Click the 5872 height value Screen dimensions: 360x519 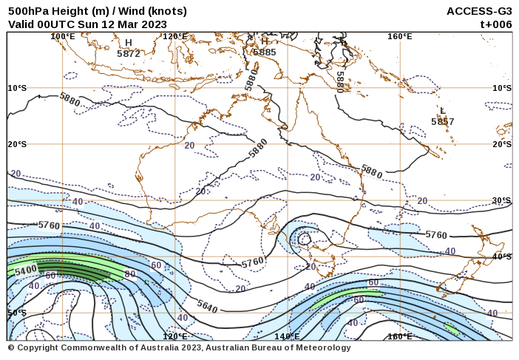point(129,53)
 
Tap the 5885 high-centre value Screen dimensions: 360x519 point(264,52)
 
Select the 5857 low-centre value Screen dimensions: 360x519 point(443,121)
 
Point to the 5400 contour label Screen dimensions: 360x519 point(26,271)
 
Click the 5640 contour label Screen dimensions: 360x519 point(207,305)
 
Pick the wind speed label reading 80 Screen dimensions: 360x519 point(130,274)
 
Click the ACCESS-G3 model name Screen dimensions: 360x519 point(479,11)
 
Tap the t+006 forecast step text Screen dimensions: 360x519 point(496,24)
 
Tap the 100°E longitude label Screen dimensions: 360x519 point(63,36)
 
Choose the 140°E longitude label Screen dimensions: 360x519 point(287,336)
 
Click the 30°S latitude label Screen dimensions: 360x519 point(502,200)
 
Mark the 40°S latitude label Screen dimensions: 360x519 point(502,257)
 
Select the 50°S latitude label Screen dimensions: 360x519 point(17,313)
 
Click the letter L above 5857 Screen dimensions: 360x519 point(443,111)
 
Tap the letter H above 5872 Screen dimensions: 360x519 point(129,43)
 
